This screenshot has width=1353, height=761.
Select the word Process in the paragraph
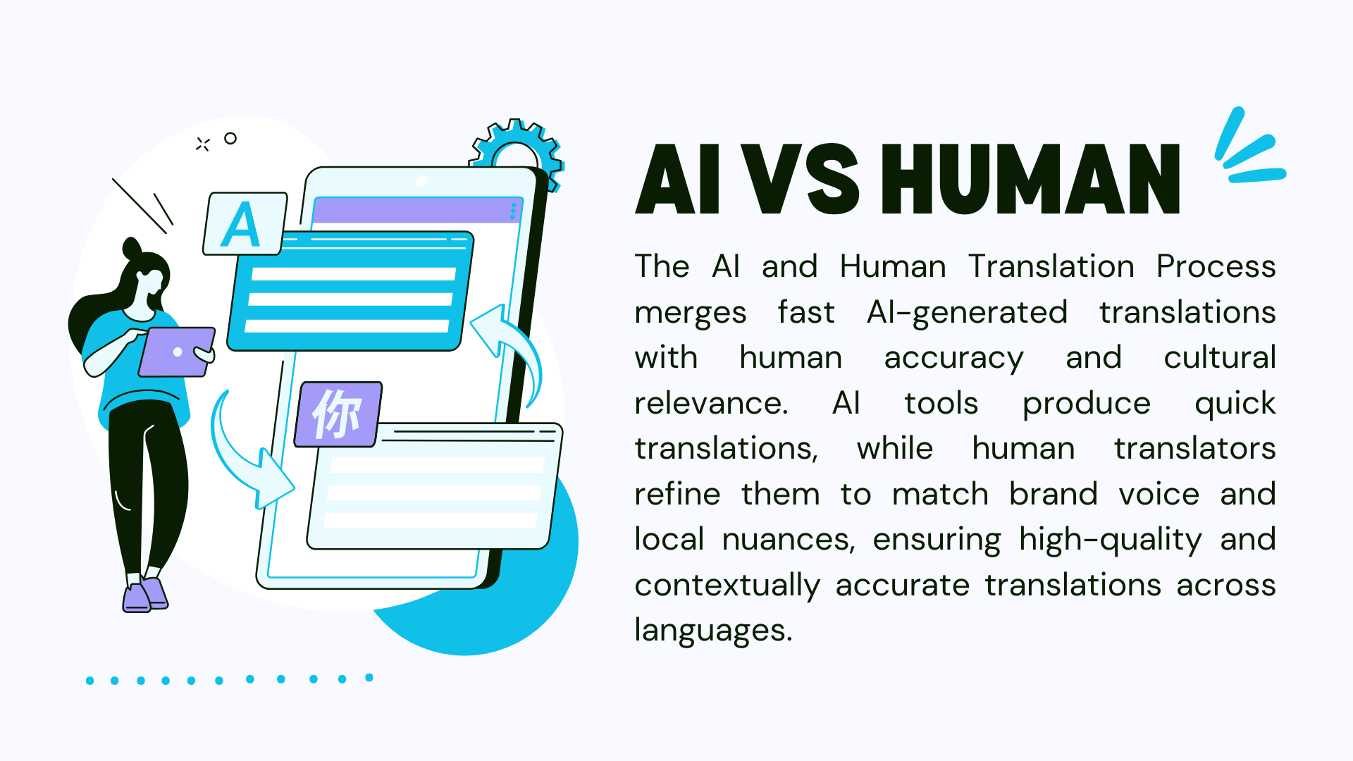(x=1216, y=266)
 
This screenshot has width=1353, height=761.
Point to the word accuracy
(x=953, y=358)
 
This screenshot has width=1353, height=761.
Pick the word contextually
(x=727, y=586)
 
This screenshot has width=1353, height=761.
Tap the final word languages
(x=713, y=631)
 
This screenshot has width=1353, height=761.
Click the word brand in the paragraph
(x=1054, y=493)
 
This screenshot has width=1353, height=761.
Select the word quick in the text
(x=1235, y=404)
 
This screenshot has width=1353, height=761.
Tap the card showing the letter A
(x=245, y=223)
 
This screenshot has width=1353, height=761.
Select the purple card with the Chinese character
(x=338, y=414)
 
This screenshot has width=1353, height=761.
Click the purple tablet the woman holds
(x=176, y=352)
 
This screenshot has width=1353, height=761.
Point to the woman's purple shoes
(x=144, y=595)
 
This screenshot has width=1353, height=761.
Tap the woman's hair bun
(x=132, y=249)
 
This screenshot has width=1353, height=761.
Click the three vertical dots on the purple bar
(x=513, y=211)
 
